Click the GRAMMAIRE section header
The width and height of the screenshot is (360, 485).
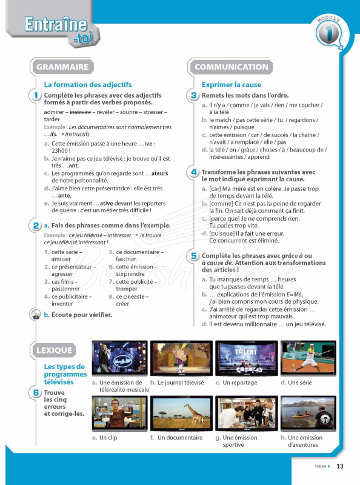click(62, 67)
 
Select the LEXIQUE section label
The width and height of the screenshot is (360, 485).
click(54, 350)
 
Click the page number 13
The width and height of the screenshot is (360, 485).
click(339, 466)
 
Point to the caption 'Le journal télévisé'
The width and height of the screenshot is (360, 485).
click(181, 383)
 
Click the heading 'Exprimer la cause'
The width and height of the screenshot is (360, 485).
click(231, 85)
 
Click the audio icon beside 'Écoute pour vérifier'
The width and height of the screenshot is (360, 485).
click(36, 314)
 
